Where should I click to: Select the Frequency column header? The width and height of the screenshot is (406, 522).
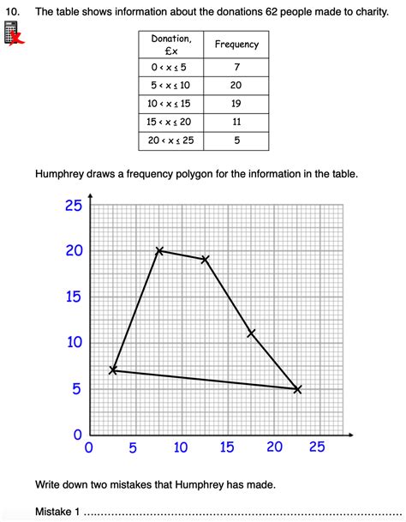point(236,45)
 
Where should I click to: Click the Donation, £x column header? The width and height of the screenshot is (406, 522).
point(171,45)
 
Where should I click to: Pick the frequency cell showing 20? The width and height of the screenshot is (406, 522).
point(236,85)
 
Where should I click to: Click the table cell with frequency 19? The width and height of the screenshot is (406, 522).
point(236,103)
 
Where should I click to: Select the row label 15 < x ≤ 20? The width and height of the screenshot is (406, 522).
point(171,122)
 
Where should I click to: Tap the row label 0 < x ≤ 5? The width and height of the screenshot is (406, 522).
point(171,66)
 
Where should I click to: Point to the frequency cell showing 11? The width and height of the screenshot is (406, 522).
point(236,122)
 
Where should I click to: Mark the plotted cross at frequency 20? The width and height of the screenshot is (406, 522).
point(159,250)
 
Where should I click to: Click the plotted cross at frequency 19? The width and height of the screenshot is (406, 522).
point(206,259)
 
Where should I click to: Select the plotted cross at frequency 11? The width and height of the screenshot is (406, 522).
point(251,333)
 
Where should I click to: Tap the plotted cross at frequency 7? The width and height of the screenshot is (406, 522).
point(113,370)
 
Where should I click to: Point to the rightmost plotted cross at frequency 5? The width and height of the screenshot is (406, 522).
point(297,389)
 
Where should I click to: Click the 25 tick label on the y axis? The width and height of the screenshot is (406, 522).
point(73,205)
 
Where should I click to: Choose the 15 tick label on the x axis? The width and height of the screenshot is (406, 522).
point(226,447)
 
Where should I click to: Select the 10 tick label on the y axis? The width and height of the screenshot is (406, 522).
point(73,343)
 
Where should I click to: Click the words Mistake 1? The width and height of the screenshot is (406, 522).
point(57,512)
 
